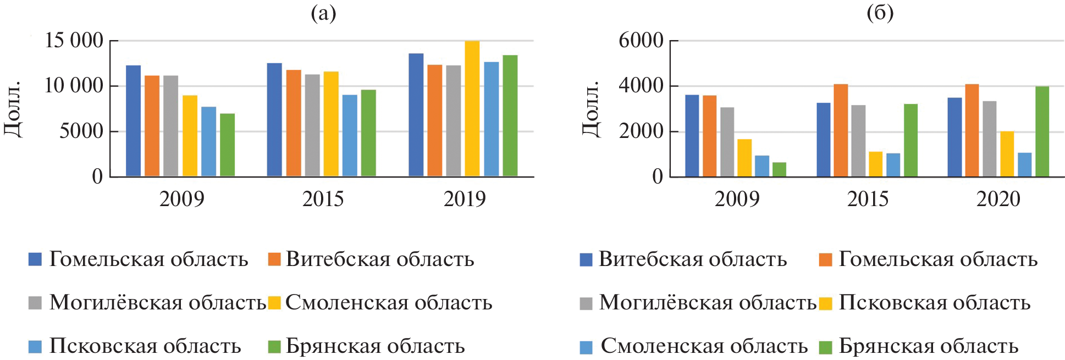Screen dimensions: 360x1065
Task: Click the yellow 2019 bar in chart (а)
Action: pyautogui.click(x=472, y=109)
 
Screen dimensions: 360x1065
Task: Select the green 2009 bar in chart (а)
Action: pyautogui.click(x=227, y=145)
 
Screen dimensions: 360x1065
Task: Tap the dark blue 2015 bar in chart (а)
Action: pyautogui.click(x=274, y=120)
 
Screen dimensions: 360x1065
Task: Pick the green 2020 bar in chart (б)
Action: pyautogui.click(x=1042, y=132)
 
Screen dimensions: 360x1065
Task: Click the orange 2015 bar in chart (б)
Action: pyautogui.click(x=841, y=131)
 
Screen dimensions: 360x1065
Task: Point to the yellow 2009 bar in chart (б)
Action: pyautogui.click(x=744, y=158)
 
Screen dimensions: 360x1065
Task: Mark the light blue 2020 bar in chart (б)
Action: pyautogui.click(x=1024, y=165)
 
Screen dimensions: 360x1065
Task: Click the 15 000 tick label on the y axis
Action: pyautogui.click(x=74, y=41)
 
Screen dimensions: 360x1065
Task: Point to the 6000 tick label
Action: pyautogui.click(x=641, y=41)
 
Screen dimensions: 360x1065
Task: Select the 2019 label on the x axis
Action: pyautogui.click(x=465, y=199)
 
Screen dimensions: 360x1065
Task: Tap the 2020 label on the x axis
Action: pyautogui.click(x=998, y=199)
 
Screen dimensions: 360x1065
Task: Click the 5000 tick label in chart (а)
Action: pyautogui.click(x=81, y=131)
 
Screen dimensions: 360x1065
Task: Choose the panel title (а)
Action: pyautogui.click(x=323, y=13)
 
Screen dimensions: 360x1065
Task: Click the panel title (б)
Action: pyautogui.click(x=880, y=13)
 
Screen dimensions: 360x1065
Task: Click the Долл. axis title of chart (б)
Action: pyautogui.click(x=591, y=109)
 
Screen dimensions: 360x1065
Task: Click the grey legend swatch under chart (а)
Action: pyautogui.click(x=35, y=303)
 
